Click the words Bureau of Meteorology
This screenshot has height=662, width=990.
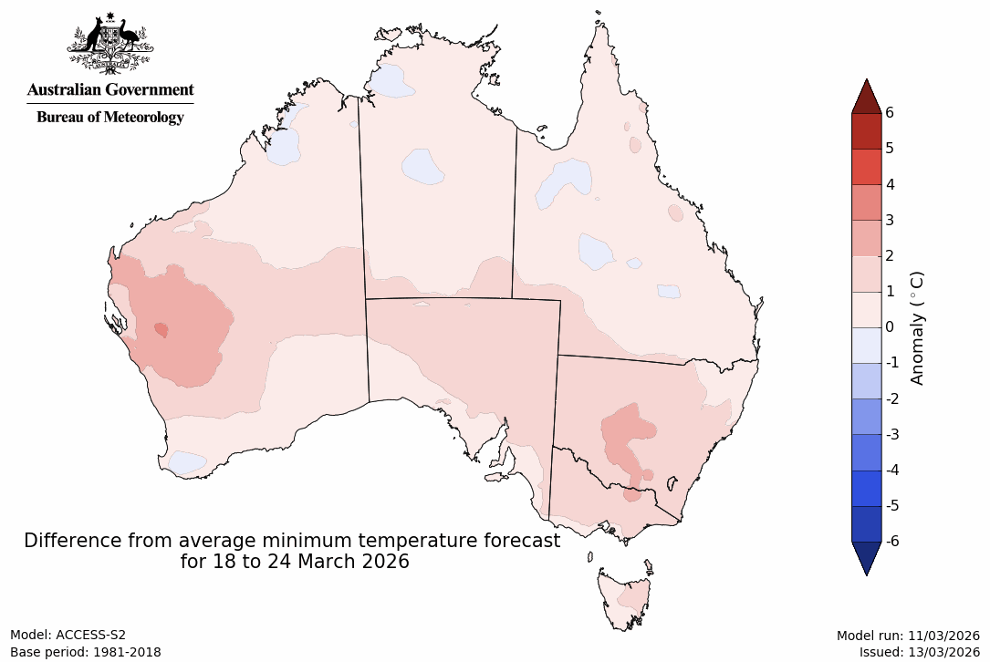pyautogui.click(x=109, y=117)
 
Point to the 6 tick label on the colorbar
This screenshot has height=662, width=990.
pyautogui.click(x=889, y=112)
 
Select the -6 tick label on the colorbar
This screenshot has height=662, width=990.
pyautogui.click(x=891, y=541)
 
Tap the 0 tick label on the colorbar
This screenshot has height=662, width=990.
pyautogui.click(x=889, y=326)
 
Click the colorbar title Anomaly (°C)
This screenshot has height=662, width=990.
pyautogui.click(x=918, y=326)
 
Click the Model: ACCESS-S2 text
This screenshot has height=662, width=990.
pyautogui.click(x=68, y=635)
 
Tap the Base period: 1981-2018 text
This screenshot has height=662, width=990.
pyautogui.click(x=86, y=652)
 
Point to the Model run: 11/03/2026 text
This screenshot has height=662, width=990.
pyautogui.click(x=908, y=635)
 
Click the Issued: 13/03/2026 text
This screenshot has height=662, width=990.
pyautogui.click(x=919, y=652)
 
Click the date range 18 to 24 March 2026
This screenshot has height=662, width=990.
pyautogui.click(x=316, y=562)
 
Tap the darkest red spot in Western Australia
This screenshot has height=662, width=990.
pyautogui.click(x=162, y=329)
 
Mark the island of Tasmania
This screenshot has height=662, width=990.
pyautogui.click(x=625, y=597)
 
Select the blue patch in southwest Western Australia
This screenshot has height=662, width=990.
pyautogui.click(x=188, y=462)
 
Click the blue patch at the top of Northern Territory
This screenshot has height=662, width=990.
pyautogui.click(x=391, y=81)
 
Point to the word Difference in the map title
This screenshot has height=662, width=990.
pyautogui.click(x=68, y=541)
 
